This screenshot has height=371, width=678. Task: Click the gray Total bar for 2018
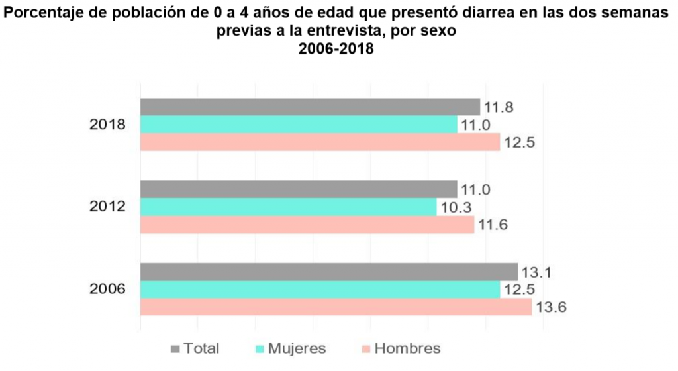click(310, 107)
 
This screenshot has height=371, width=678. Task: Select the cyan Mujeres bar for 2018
click(299, 125)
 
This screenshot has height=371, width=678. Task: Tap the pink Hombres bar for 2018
click(320, 142)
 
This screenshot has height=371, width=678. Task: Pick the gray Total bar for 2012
click(299, 189)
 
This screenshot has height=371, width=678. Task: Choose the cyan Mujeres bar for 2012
click(289, 207)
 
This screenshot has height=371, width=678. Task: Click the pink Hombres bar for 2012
click(307, 225)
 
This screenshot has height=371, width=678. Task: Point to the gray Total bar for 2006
click(329, 272)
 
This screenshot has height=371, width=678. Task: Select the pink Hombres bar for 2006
click(336, 307)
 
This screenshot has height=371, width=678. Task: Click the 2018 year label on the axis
click(108, 125)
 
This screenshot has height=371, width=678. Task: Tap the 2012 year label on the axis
click(108, 207)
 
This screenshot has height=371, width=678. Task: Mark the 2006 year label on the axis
click(108, 290)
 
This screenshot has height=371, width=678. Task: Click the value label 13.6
click(553, 307)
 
